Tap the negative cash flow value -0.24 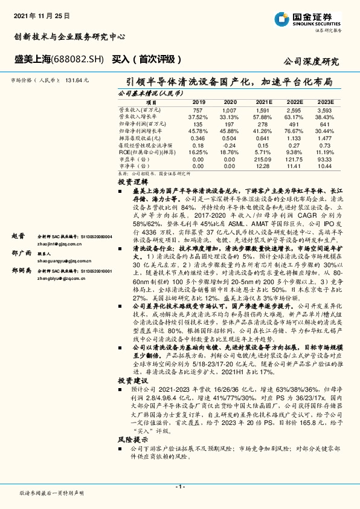click(230, 146)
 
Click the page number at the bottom click(179, 486)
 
